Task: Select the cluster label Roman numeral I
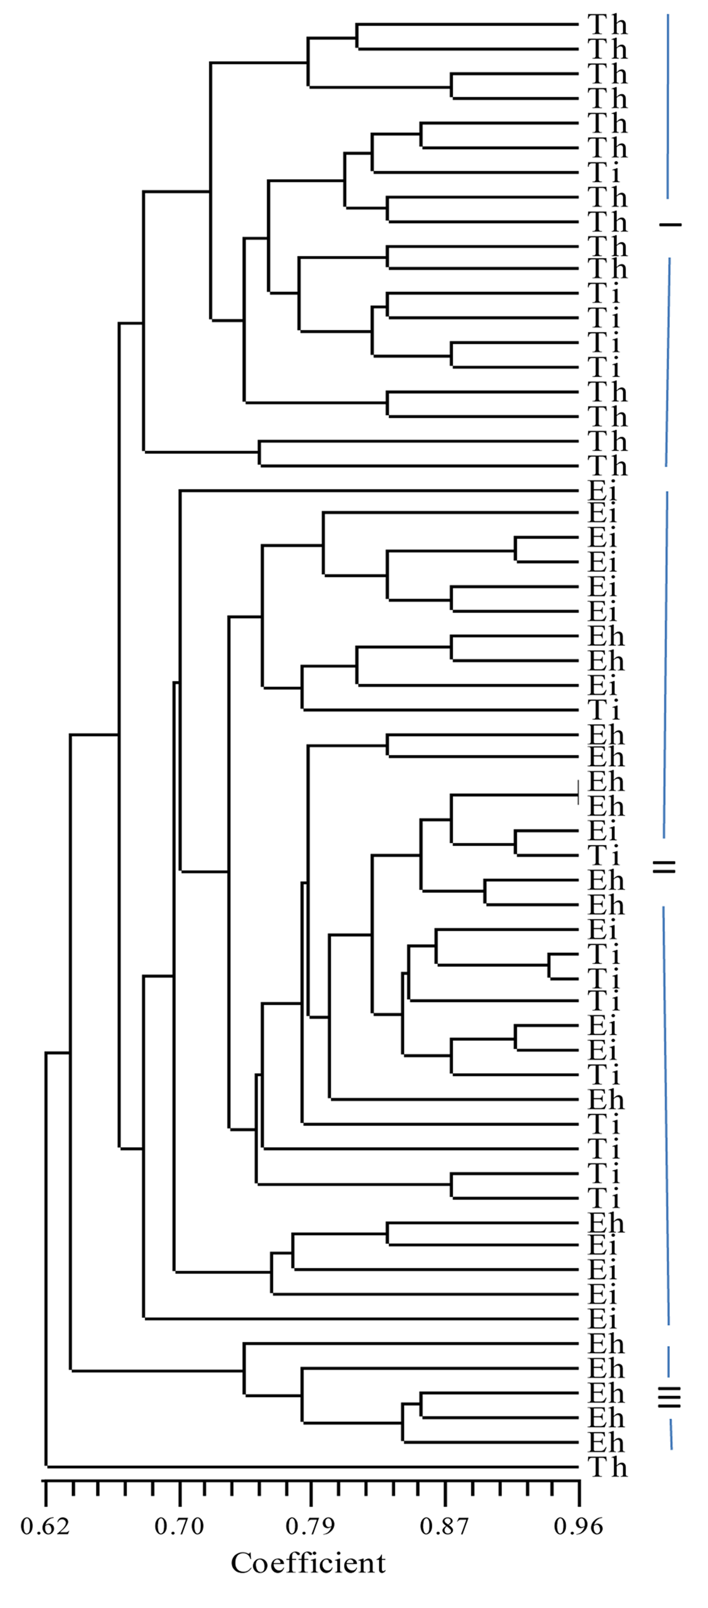click(x=670, y=224)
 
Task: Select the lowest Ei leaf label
click(x=602, y=1319)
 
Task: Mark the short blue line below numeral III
click(x=671, y=1435)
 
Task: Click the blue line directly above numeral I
click(x=668, y=106)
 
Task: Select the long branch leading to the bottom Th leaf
click(x=312, y=1466)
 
